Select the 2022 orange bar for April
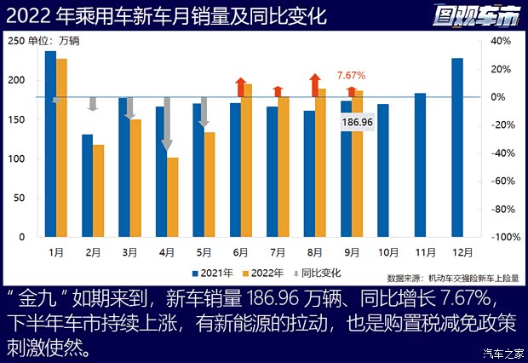click(173, 197)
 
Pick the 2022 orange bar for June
click(247, 160)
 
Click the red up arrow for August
click(314, 86)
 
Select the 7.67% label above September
click(351, 75)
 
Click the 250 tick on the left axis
click(16, 41)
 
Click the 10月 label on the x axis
click(388, 252)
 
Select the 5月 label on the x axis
click(204, 252)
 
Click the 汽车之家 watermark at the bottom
click(502, 354)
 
